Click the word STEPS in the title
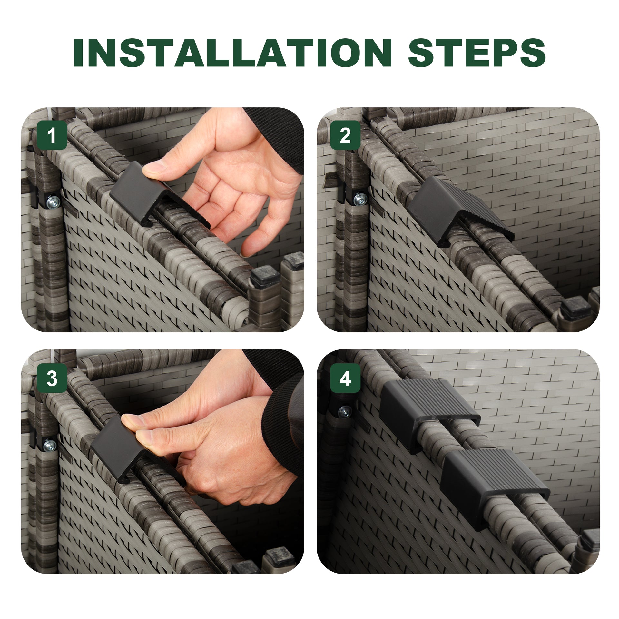[x=477, y=53]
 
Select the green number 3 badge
[x=52, y=378]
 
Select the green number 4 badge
[x=345, y=378]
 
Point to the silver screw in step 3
[x=50, y=446]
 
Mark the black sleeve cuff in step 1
[x=274, y=137]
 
